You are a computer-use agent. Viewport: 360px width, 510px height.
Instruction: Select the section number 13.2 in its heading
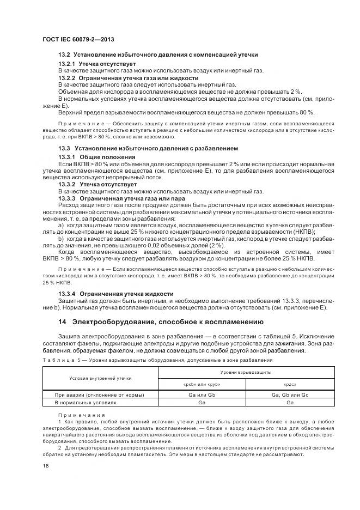(x=64, y=55)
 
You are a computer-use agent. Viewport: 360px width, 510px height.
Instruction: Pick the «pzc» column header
(x=290, y=384)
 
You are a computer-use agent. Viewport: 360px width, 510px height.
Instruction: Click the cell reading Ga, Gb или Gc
(x=290, y=394)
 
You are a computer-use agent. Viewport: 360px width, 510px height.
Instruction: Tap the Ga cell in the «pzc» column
(x=290, y=402)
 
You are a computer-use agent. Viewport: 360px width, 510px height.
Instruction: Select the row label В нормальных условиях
(x=85, y=402)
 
